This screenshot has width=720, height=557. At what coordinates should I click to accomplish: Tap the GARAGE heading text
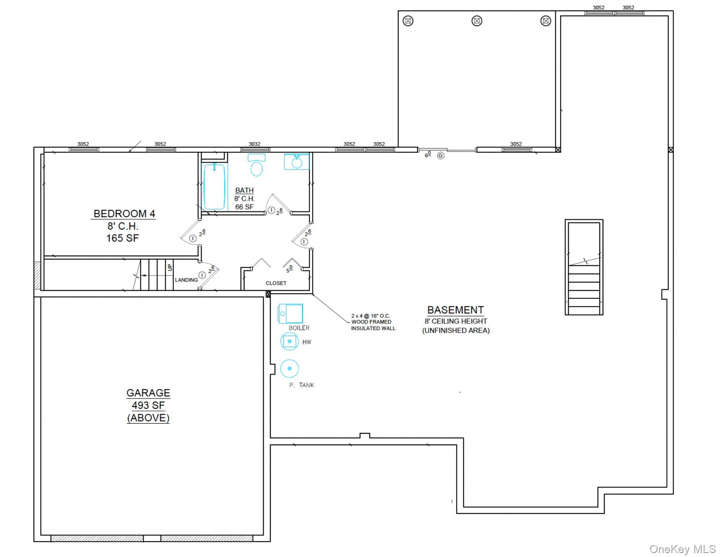[148, 393]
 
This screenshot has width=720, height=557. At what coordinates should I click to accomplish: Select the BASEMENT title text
[455, 310]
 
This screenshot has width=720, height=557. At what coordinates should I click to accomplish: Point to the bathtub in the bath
[214, 186]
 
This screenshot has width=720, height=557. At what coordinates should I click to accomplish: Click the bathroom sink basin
[297, 162]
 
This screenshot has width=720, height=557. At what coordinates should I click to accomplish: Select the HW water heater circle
[289, 341]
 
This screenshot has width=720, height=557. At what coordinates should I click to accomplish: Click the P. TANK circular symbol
[289, 368]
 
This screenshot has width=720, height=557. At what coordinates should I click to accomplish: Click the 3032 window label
[254, 144]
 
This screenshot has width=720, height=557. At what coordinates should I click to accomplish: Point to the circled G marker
[440, 156]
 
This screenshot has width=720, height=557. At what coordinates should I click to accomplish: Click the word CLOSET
[276, 283]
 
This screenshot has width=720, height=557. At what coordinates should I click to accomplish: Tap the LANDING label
[186, 280]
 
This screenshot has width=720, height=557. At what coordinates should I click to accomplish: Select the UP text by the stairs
[170, 268]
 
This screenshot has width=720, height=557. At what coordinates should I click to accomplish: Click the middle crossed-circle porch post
[477, 21]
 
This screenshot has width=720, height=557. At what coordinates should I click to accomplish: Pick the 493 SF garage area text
[148, 405]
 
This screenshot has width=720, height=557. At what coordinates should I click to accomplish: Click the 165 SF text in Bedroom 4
[122, 238]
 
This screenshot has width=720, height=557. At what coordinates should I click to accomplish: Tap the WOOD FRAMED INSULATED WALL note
[373, 322]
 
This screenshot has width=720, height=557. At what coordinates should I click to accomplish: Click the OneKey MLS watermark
[682, 549]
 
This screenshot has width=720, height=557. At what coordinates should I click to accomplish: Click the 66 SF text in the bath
[244, 207]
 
